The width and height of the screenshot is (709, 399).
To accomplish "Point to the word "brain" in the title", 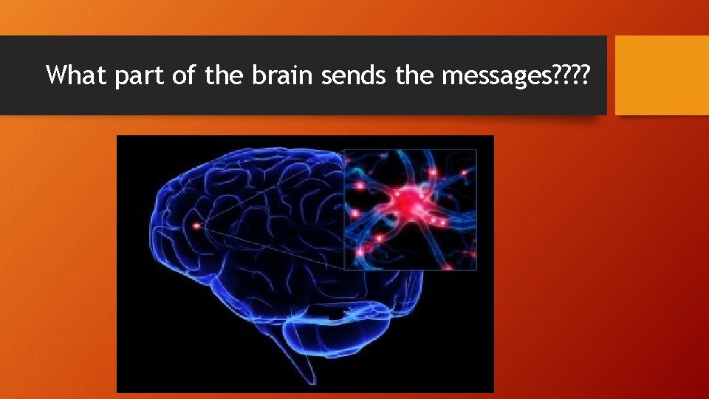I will (282, 75).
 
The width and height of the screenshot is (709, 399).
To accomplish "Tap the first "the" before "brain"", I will (223, 75).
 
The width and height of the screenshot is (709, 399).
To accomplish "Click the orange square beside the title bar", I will (662, 75).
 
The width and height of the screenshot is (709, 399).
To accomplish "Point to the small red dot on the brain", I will (196, 225).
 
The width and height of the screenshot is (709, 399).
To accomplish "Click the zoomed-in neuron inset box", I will (411, 209).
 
